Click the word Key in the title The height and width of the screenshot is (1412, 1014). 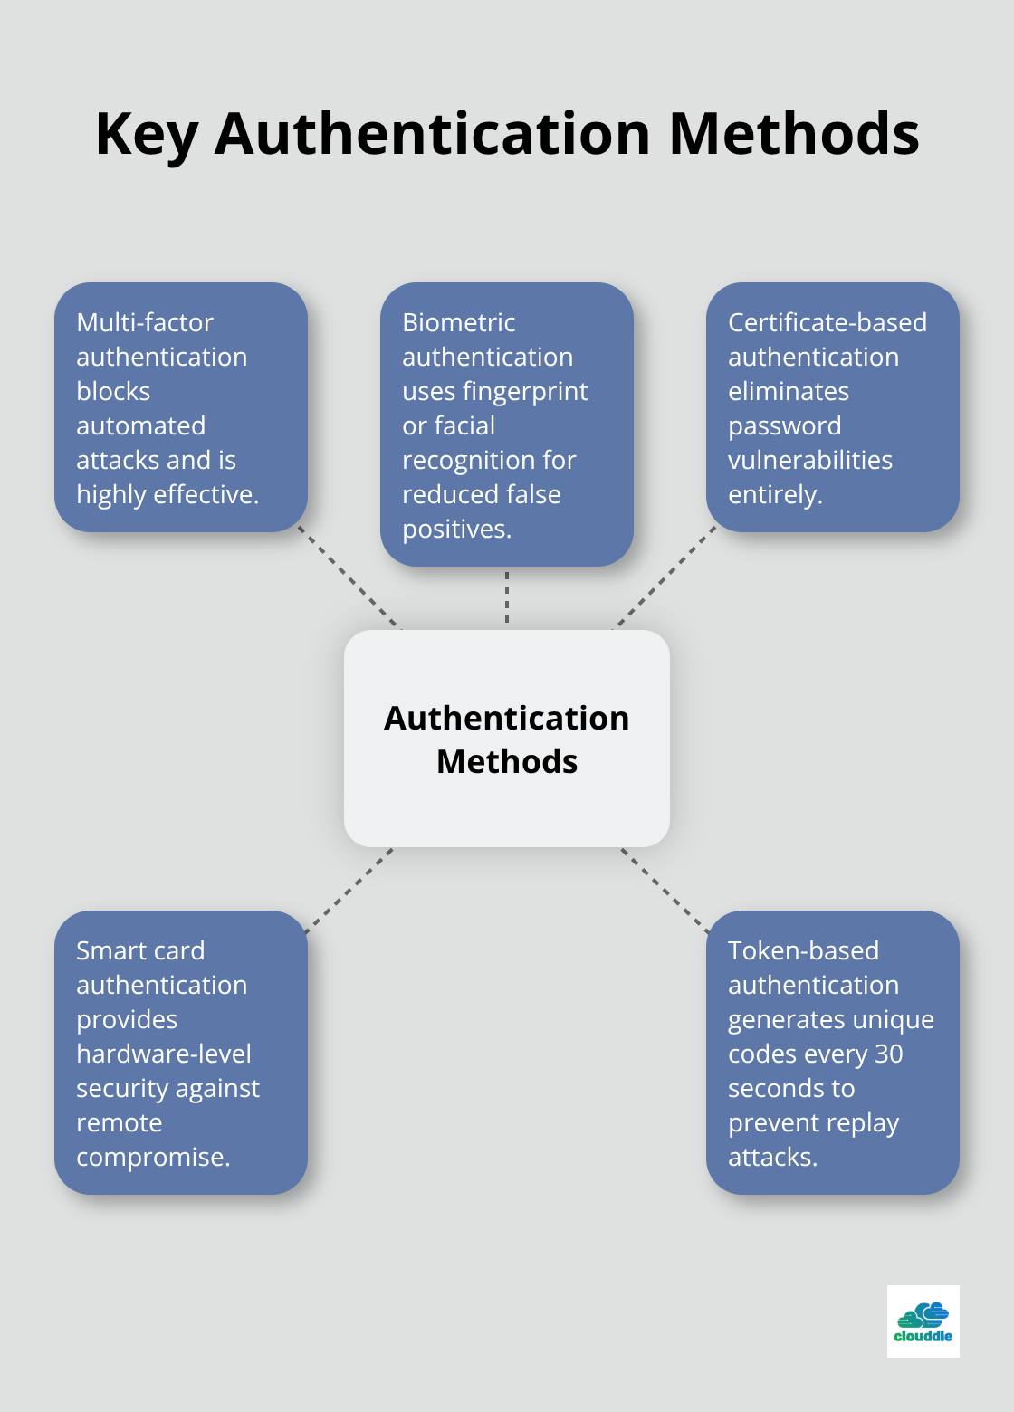click(x=146, y=134)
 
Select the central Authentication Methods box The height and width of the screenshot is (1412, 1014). click(x=507, y=739)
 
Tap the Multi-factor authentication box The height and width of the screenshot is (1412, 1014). click(x=181, y=407)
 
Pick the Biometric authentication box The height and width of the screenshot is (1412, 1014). click(x=507, y=425)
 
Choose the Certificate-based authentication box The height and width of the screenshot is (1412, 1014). click(x=832, y=407)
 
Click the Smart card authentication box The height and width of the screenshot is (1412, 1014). click(x=181, y=1053)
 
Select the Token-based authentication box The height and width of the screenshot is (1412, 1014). click(x=832, y=1053)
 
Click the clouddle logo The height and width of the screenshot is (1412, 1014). click(x=923, y=1321)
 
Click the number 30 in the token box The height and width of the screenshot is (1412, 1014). click(x=888, y=1054)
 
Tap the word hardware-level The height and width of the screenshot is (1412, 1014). click(x=164, y=1054)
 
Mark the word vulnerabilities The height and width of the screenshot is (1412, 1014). click(x=810, y=460)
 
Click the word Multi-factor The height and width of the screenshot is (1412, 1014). click(x=145, y=322)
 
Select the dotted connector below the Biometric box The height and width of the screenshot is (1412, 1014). click(x=507, y=597)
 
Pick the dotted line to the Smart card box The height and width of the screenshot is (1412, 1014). click(x=349, y=891)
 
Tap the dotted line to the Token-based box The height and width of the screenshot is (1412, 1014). click(x=665, y=891)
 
